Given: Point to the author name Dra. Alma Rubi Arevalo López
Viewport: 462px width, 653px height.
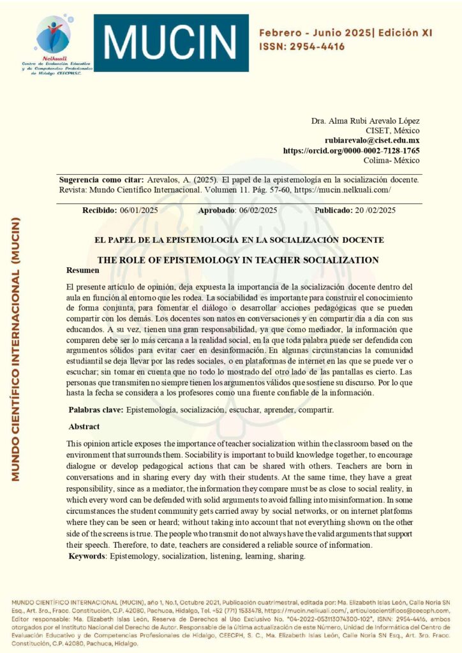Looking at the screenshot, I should pos(365,121).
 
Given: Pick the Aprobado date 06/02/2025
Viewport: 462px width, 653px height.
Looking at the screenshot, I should pos(255,210).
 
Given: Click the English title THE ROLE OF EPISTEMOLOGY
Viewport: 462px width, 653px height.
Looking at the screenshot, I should pos(237,260).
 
